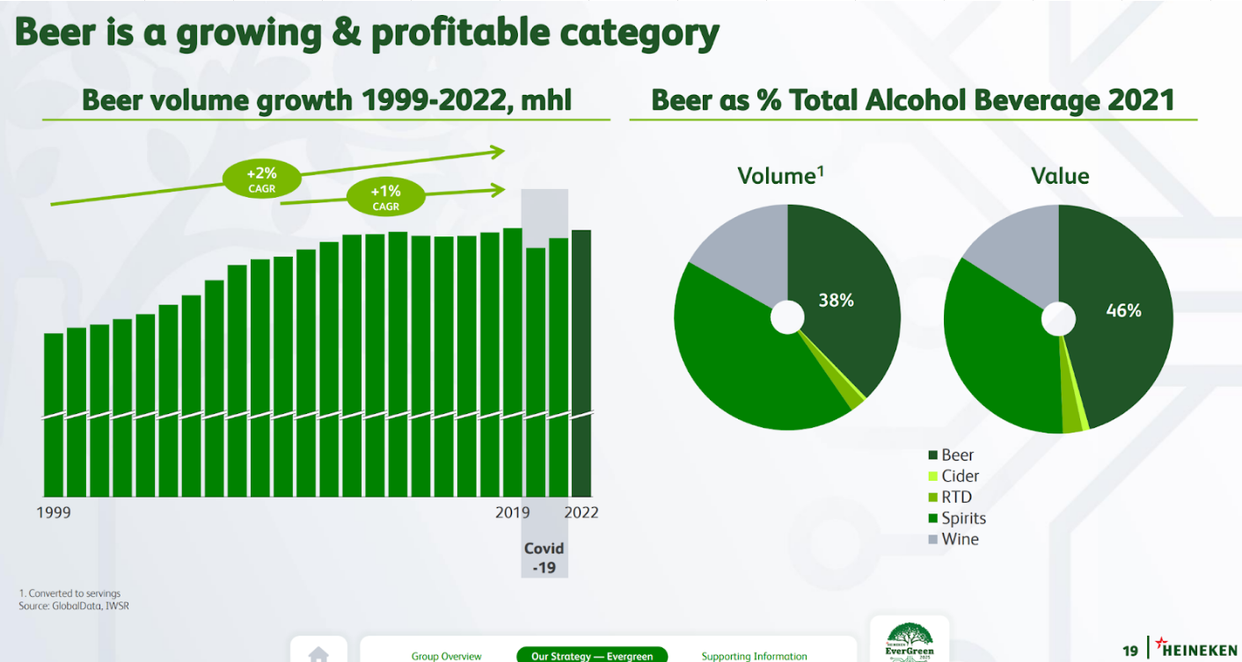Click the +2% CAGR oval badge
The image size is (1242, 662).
(261, 180)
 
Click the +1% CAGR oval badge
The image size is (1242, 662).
(385, 198)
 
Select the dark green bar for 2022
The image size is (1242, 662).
(581, 362)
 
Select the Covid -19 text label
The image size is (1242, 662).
(544, 558)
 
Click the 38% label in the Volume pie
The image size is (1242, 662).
(836, 301)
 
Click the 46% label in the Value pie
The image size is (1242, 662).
(1123, 310)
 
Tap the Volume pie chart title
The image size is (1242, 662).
(780, 176)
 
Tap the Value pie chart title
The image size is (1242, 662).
(1060, 176)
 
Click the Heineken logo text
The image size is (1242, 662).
(1199, 651)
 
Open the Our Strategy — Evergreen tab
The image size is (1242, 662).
(592, 656)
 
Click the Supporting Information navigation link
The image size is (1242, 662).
(754, 656)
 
